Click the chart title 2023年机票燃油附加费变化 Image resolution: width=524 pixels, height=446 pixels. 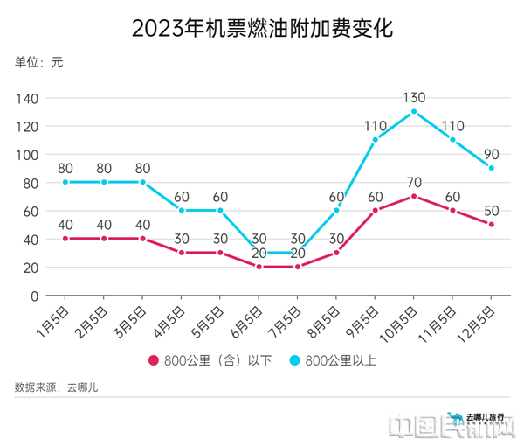click(262, 28)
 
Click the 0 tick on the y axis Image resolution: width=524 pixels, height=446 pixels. click(34, 296)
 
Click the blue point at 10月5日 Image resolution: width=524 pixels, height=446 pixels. click(414, 112)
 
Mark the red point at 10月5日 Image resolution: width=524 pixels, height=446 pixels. click(414, 197)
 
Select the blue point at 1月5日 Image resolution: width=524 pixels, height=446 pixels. click(65, 182)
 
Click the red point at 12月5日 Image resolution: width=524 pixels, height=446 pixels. click(491, 225)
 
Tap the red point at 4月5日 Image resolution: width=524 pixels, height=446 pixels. click(181, 253)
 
